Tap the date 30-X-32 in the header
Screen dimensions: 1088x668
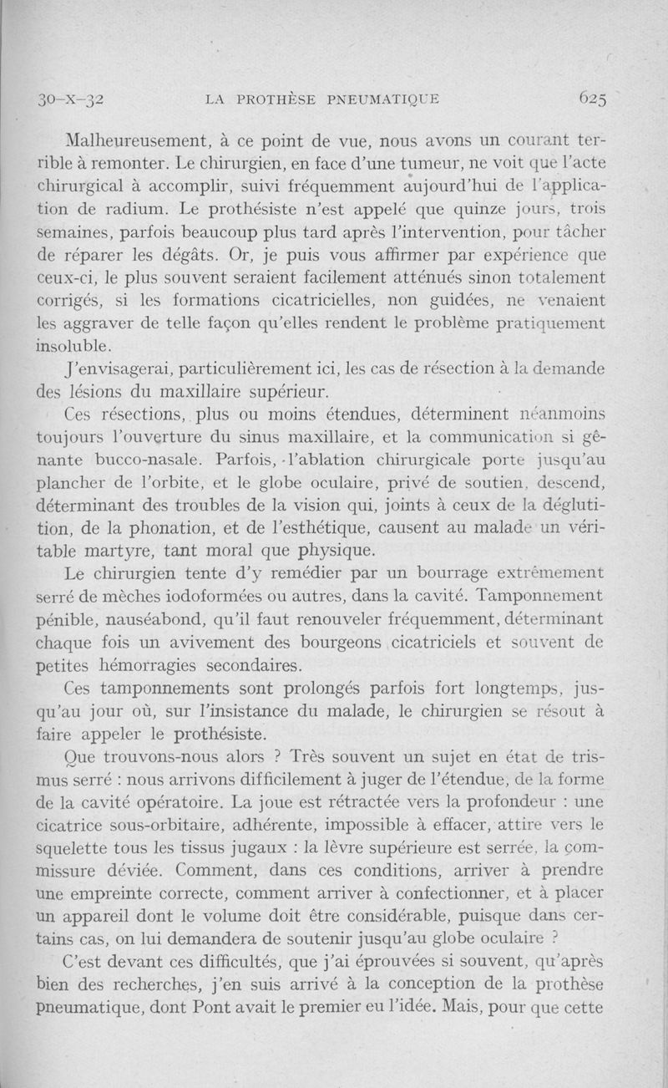(x=70, y=99)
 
